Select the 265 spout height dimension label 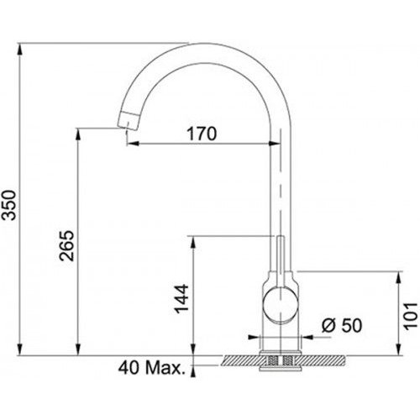coord(67,245)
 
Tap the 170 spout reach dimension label coord(202,134)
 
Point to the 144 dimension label coord(181,298)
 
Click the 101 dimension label coord(411,315)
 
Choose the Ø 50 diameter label coord(342,325)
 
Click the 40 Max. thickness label coord(152,368)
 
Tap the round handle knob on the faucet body coord(281,305)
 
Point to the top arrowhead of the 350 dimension coord(19,49)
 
